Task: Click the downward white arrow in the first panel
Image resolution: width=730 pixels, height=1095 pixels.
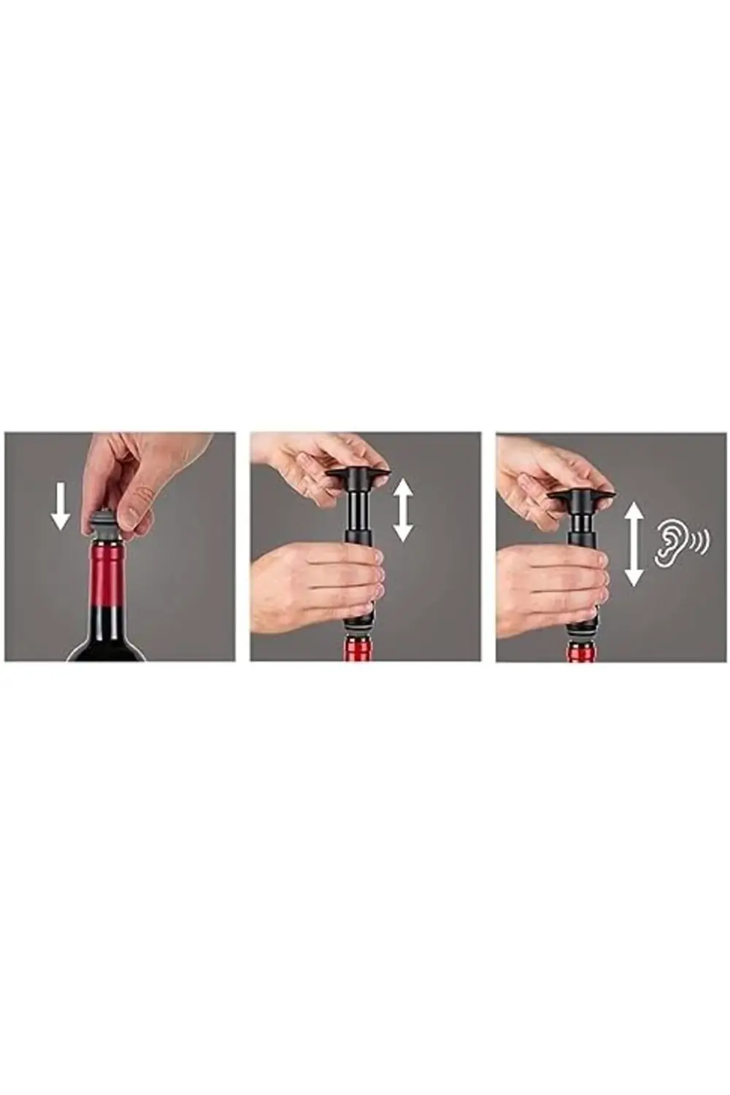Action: click(x=61, y=508)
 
